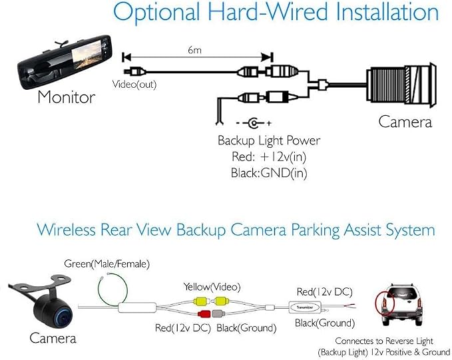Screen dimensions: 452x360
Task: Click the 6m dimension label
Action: (x=194, y=51)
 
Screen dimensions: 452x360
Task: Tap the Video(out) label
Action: (x=134, y=85)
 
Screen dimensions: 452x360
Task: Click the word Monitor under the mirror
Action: (x=67, y=97)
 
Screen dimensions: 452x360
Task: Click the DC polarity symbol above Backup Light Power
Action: (x=254, y=123)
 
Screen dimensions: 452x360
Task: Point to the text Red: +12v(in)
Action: (x=269, y=157)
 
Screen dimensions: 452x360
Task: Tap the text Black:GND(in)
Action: (x=269, y=173)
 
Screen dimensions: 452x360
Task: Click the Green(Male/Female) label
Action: (x=107, y=264)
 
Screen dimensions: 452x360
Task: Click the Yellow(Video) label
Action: (x=212, y=287)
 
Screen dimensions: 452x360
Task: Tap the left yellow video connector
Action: (x=201, y=301)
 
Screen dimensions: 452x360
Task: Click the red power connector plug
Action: (x=204, y=313)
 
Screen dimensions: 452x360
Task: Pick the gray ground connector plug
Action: (x=218, y=313)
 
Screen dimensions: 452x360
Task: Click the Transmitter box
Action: (x=305, y=307)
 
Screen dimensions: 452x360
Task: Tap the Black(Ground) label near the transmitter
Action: (x=325, y=323)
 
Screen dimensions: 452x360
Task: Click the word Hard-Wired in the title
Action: (x=268, y=13)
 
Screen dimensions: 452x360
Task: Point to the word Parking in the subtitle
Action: (x=316, y=231)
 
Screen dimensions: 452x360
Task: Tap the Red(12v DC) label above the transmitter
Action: (x=325, y=292)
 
